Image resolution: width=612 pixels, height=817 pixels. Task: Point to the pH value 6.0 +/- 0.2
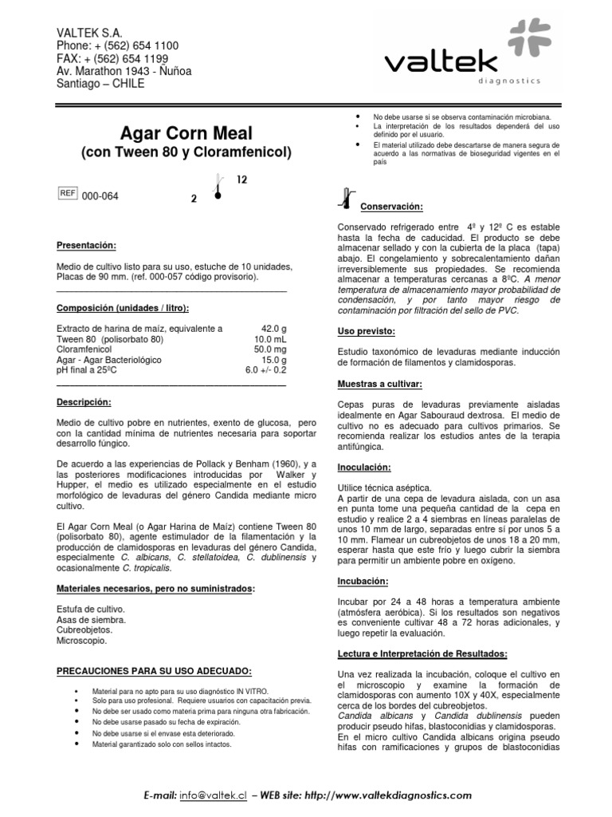(265, 370)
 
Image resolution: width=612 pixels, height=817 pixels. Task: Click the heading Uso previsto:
(367, 330)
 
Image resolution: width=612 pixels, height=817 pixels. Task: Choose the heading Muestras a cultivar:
(380, 384)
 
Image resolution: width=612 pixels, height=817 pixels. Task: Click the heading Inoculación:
(365, 467)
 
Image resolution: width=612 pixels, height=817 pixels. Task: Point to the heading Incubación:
(363, 581)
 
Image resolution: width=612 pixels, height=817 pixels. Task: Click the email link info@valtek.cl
(212, 795)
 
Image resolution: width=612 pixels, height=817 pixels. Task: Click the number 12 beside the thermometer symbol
(243, 180)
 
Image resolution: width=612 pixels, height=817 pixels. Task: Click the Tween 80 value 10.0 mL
(269, 339)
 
